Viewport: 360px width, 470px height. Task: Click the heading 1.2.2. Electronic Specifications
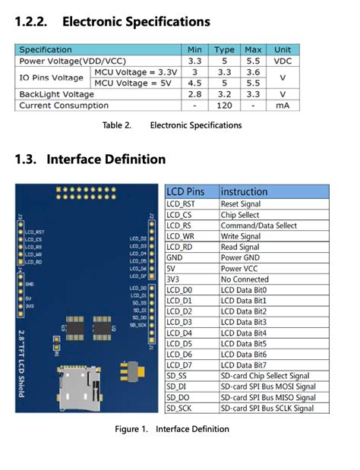pyautogui.click(x=112, y=22)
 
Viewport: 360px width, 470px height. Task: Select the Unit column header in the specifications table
pyautogui.click(x=282, y=49)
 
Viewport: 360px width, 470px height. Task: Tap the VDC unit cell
pyautogui.click(x=282, y=61)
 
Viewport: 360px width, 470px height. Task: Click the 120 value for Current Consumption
pyautogui.click(x=224, y=106)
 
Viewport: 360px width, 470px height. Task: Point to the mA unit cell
pyautogui.click(x=282, y=106)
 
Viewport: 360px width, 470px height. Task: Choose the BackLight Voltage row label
pyautogui.click(x=57, y=94)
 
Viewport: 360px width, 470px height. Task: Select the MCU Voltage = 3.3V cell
pyautogui.click(x=135, y=71)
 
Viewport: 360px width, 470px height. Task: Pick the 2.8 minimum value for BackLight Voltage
pyautogui.click(x=194, y=94)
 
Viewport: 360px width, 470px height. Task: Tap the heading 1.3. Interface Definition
pyautogui.click(x=90, y=159)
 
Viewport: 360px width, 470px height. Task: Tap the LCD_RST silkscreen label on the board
pyautogui.click(x=35, y=232)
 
